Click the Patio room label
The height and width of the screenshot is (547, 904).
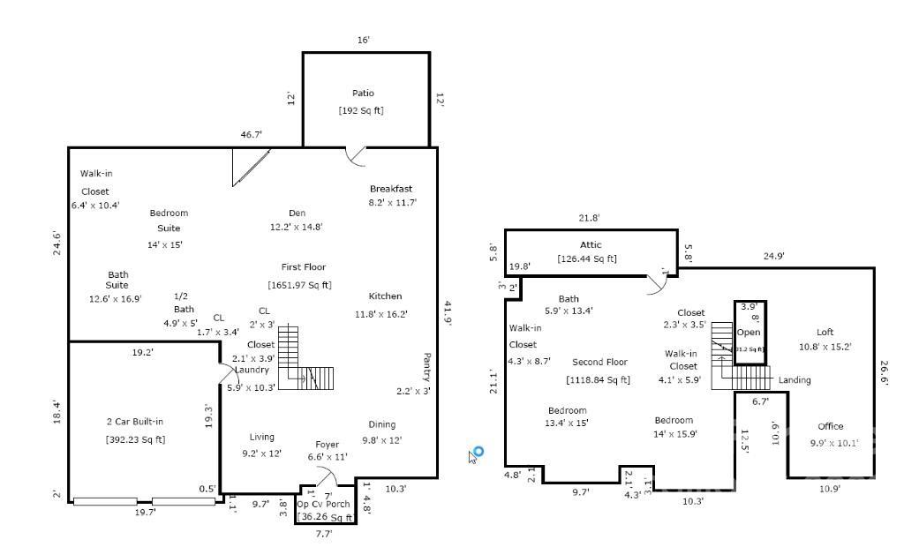coord(363,93)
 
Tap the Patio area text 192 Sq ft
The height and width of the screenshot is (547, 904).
coord(361,110)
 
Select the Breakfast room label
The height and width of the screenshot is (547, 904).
coord(390,189)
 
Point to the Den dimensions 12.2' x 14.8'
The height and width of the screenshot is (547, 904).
coord(296,227)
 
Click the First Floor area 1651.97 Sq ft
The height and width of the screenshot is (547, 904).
coord(299,284)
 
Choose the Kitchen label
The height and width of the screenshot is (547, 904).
coord(385,296)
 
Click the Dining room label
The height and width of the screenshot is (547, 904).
coord(381,424)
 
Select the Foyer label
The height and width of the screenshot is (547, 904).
coord(328,444)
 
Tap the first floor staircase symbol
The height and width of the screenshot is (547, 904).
coord(306,362)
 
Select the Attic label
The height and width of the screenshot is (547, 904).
coord(591,244)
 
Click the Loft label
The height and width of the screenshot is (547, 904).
coord(825,332)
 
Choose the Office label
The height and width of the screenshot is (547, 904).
coord(830,426)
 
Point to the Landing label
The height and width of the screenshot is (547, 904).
coord(795,380)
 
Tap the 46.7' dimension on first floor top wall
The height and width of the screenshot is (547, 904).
coord(252,135)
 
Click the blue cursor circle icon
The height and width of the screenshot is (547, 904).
coord(478,452)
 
